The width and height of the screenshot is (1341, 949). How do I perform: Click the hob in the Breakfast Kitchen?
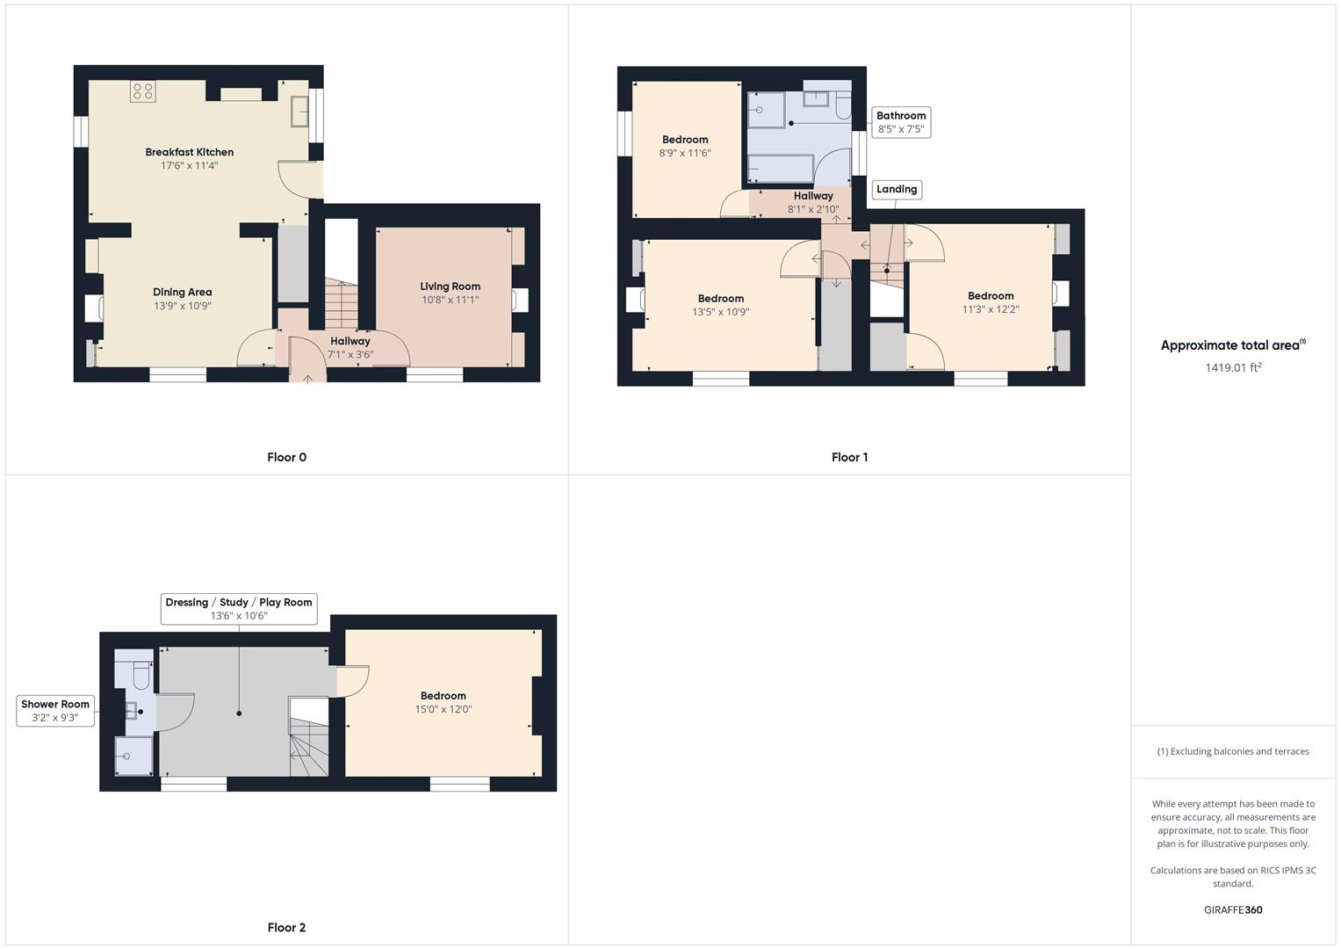click(142, 91)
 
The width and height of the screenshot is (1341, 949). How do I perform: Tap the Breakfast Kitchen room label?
click(189, 152)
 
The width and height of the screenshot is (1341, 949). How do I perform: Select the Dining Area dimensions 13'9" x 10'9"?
click(183, 306)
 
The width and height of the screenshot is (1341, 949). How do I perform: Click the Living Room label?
click(450, 286)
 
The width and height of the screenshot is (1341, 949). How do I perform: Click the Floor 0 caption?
click(286, 457)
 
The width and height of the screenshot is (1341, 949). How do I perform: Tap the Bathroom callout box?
click(901, 122)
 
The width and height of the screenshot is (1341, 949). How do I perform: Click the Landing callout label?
click(896, 189)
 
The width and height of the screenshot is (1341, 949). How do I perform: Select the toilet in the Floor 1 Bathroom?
click(842, 107)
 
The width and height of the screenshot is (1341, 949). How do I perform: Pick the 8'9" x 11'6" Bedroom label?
click(685, 140)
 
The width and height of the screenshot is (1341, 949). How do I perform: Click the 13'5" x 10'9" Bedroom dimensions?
click(721, 312)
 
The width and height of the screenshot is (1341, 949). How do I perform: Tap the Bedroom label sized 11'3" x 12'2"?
click(991, 296)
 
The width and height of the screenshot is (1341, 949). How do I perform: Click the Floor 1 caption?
click(849, 457)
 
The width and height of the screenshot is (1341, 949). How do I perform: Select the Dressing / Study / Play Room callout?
click(239, 608)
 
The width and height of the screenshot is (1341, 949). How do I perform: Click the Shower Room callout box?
click(55, 711)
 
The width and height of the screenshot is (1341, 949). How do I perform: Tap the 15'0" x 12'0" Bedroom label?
click(443, 696)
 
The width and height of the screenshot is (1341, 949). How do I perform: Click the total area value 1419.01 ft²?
click(1233, 367)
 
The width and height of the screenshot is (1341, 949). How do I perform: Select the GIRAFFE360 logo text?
click(1233, 909)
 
